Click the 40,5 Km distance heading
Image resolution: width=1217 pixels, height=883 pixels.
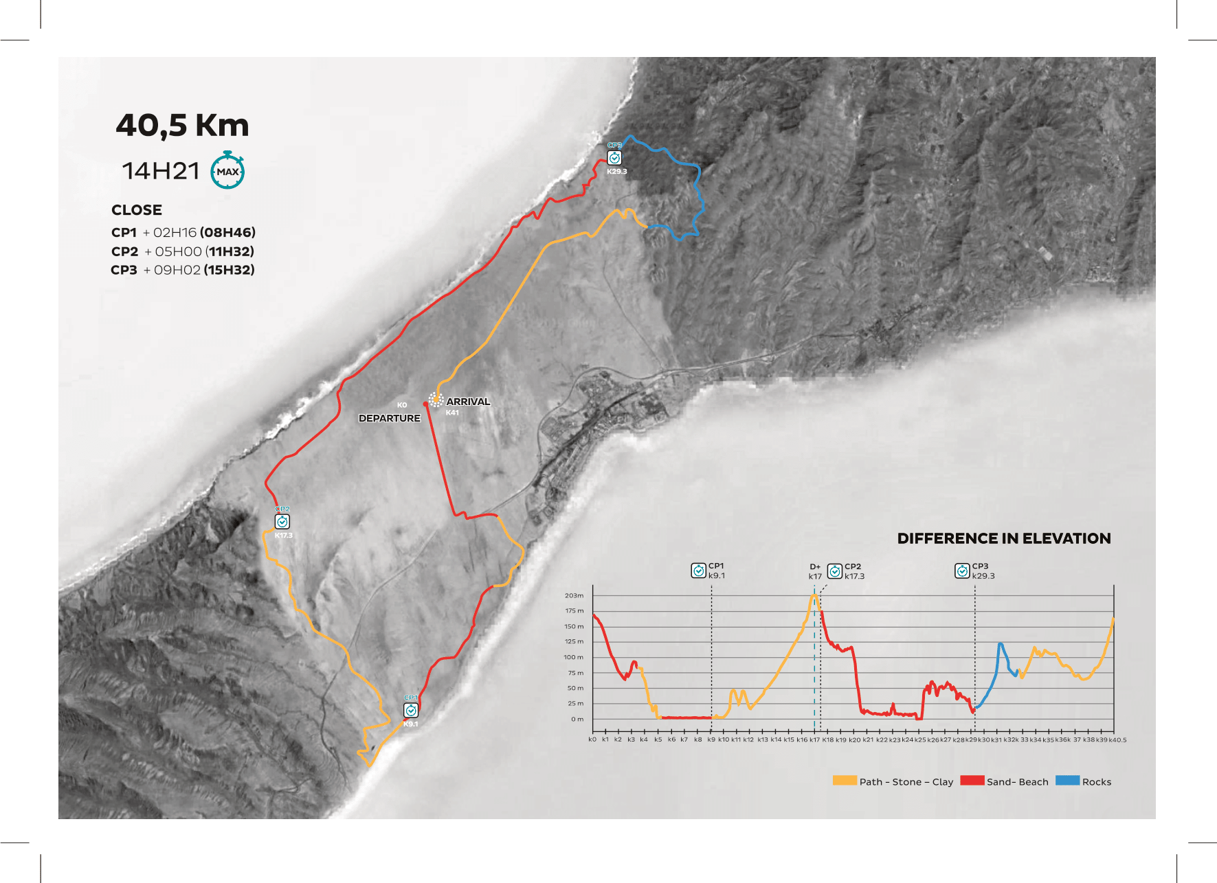[x=182, y=126]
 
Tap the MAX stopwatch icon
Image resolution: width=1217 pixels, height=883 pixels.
[x=227, y=171]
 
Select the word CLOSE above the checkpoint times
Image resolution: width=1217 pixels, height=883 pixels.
[x=137, y=210]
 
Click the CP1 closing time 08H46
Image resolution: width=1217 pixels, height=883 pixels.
[x=227, y=233]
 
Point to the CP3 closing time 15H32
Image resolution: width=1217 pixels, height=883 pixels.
[x=229, y=270]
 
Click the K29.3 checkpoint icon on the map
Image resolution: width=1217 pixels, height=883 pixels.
[x=614, y=158]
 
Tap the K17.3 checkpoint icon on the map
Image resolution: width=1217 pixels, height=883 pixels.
[x=282, y=522]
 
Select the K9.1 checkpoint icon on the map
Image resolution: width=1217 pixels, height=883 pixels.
[x=411, y=710]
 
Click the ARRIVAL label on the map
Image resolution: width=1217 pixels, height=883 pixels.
[x=468, y=402]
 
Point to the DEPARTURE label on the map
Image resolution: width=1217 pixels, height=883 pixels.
[x=389, y=418]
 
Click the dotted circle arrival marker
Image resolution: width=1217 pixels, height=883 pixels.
[x=436, y=400]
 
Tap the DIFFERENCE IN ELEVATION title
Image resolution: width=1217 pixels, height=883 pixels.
[x=1003, y=538]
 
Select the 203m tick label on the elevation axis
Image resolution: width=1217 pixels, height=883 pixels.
[x=574, y=595]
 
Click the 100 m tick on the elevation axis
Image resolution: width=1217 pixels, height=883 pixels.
[x=574, y=657]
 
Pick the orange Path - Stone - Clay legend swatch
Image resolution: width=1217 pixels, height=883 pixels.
[x=845, y=781]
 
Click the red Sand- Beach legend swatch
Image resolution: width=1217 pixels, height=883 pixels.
[x=972, y=781]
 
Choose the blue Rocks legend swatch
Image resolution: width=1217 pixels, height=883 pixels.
[x=1067, y=781]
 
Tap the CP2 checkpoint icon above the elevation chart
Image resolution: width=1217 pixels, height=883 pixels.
[x=835, y=571]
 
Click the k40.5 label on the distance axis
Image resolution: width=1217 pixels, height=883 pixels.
[x=1117, y=740]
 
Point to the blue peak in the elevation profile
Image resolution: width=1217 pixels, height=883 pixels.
[x=1001, y=644]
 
